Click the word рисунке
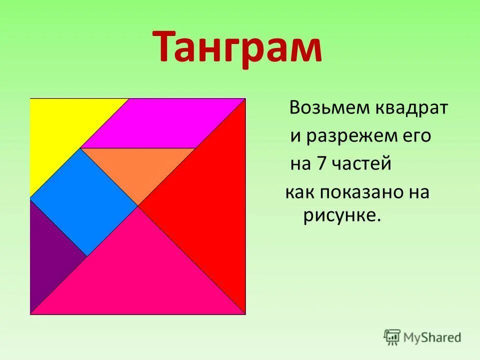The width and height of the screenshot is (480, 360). pyautogui.click(x=342, y=216)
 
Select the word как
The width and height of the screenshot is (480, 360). pyautogui.click(x=298, y=192)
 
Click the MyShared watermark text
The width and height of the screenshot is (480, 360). pyautogui.click(x=432, y=337)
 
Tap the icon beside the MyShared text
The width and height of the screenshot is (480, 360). pyautogui.click(x=392, y=337)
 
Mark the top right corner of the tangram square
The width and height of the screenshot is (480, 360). pyautogui.click(x=245, y=98)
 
